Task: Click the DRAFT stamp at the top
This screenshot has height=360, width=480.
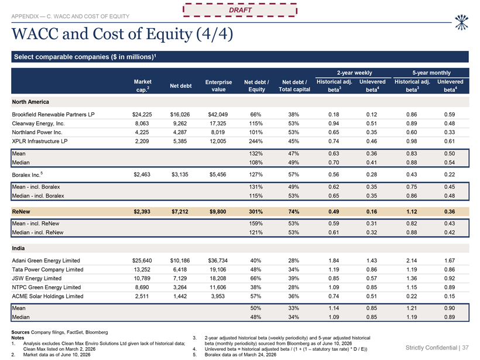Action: (x=240, y=10)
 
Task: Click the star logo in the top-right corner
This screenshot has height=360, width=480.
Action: (x=461, y=23)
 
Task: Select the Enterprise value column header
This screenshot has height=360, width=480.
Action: (x=218, y=85)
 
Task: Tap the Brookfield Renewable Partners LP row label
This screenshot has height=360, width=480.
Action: (x=53, y=115)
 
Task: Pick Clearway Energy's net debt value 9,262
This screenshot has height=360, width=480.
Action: (x=180, y=124)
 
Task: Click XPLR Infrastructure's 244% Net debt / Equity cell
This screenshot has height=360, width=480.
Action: (x=256, y=141)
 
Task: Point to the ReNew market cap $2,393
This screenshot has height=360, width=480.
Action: (x=142, y=211)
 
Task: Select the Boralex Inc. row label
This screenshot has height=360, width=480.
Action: (x=28, y=175)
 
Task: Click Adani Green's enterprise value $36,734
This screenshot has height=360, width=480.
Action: (x=218, y=260)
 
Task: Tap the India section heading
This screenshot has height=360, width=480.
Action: (x=18, y=248)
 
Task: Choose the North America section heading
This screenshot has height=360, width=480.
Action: (x=30, y=102)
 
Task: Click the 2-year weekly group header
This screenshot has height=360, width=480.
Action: (x=355, y=73)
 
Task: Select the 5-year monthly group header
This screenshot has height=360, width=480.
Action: (x=431, y=73)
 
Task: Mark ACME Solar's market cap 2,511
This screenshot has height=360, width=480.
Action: (x=142, y=296)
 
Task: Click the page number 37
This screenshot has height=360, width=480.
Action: (x=465, y=348)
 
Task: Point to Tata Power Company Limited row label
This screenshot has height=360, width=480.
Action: (x=47, y=269)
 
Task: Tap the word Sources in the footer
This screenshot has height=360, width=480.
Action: (x=20, y=332)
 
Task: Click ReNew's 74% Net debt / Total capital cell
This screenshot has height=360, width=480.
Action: (x=294, y=211)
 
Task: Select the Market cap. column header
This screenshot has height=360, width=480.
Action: (x=143, y=85)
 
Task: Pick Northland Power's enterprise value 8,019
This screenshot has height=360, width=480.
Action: (x=218, y=132)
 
